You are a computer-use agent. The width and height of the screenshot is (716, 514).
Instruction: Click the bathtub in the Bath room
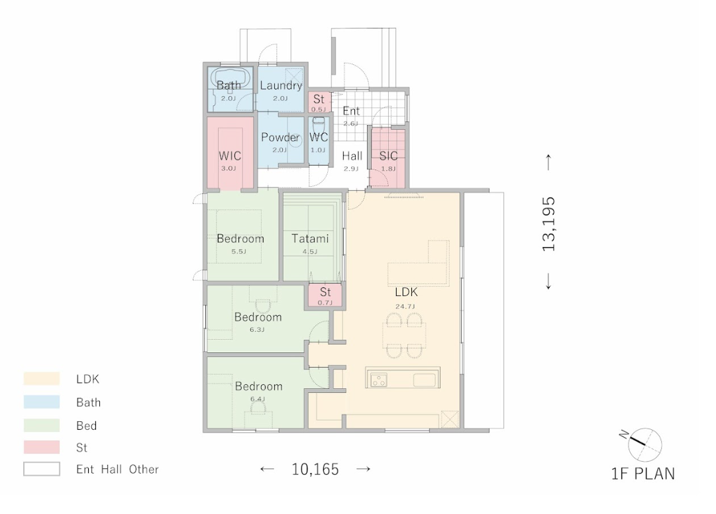232,78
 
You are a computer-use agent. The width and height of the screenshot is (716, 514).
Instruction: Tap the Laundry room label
281,85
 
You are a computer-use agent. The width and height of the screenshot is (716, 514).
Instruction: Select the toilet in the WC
319,124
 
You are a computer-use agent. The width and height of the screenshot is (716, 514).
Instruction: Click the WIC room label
230,156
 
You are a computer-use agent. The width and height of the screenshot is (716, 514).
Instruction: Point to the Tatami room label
310,238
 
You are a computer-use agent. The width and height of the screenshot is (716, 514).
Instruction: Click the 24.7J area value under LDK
405,306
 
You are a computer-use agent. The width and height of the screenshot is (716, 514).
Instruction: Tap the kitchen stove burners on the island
379,380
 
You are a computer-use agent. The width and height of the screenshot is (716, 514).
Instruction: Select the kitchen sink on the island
424,380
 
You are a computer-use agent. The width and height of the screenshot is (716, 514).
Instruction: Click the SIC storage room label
388,156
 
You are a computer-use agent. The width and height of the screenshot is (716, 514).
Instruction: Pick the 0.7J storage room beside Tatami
325,296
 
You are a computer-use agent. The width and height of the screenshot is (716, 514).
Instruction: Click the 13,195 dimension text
548,224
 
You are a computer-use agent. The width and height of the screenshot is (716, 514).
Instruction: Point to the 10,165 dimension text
315,469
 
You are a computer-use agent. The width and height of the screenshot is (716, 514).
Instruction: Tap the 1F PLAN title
643,474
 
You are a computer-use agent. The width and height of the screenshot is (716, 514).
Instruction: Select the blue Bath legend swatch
42,401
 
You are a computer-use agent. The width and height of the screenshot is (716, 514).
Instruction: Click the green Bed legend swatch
42,425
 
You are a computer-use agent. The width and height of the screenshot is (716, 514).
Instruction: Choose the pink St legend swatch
42,447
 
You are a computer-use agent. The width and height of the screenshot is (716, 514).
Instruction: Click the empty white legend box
42,469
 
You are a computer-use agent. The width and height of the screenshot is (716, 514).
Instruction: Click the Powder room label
280,137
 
